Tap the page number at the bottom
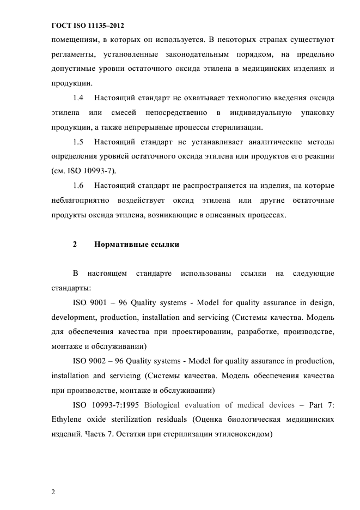53,492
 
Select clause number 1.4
78,98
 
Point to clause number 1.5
78,142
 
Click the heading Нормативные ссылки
137,245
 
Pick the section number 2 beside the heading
75,245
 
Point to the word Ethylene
66,420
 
